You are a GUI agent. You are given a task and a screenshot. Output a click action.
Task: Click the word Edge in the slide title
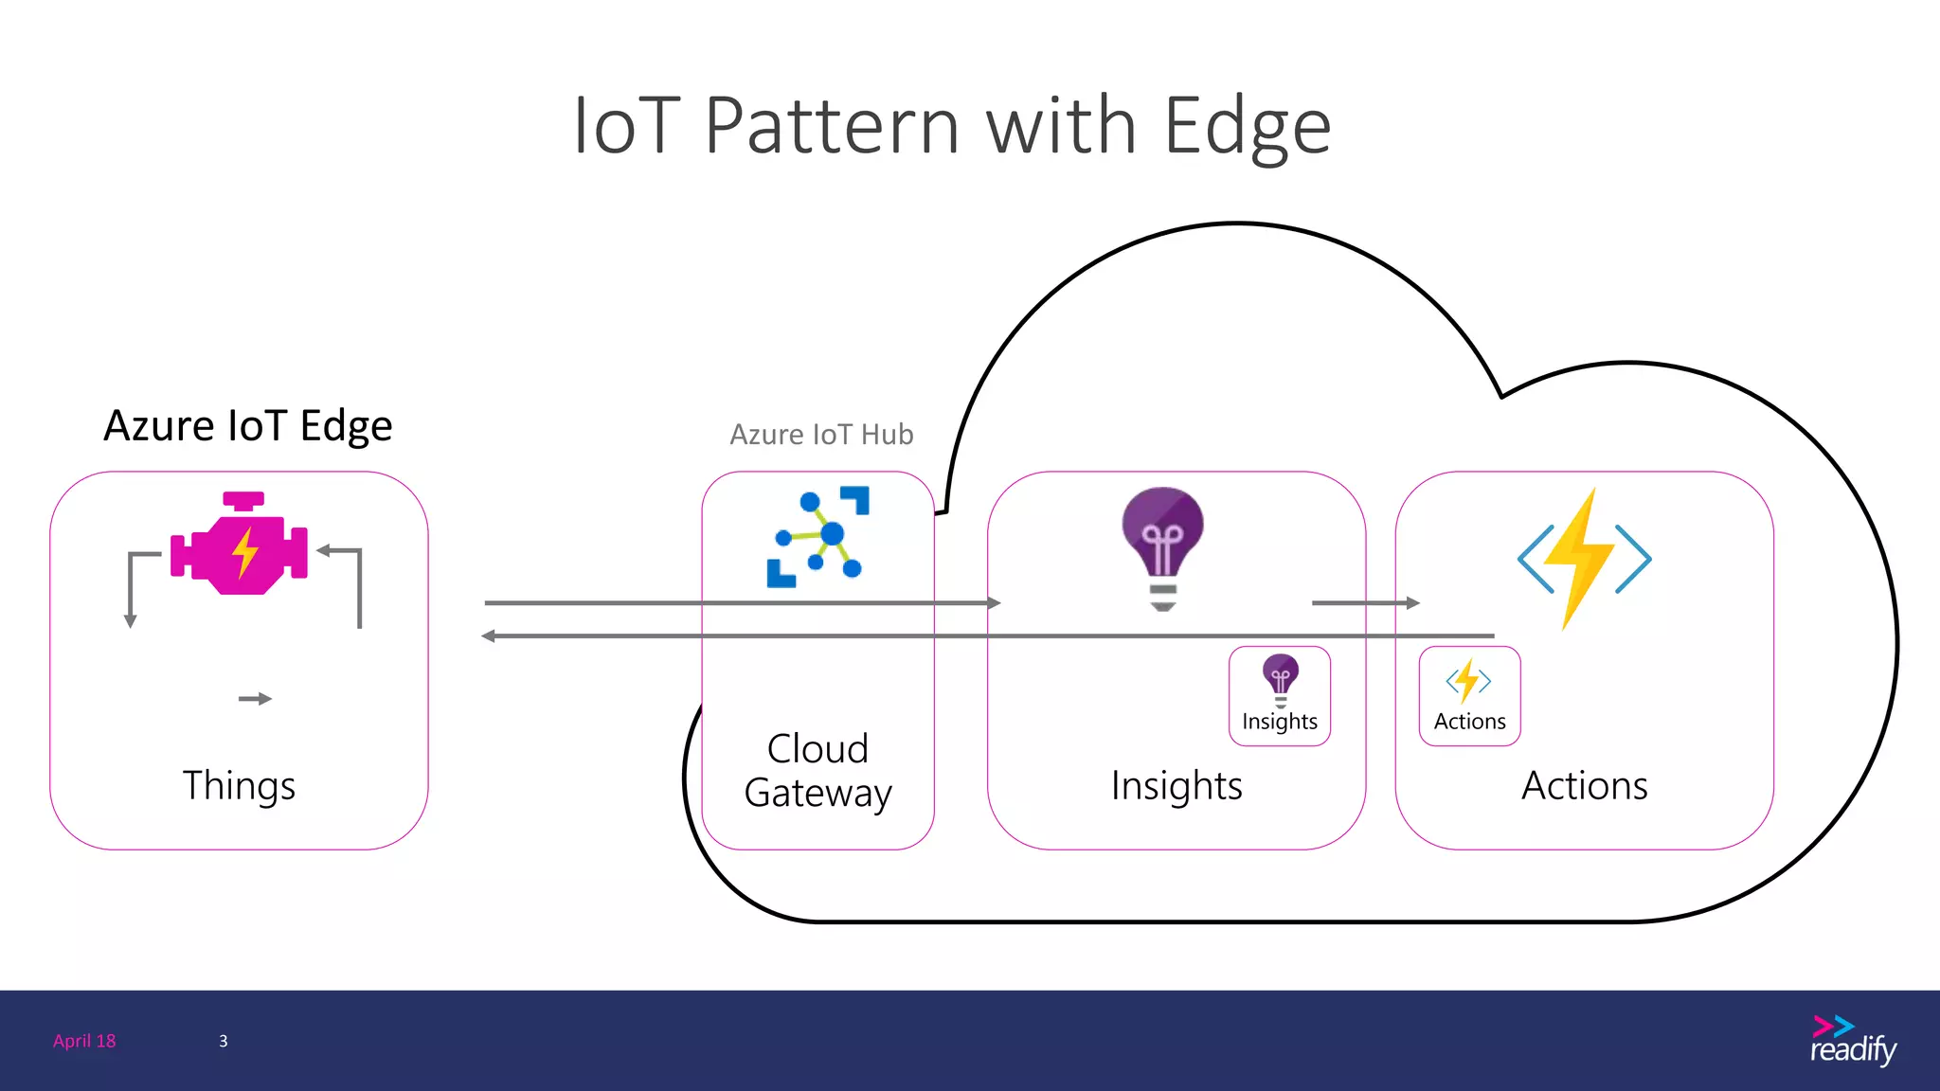point(1247,128)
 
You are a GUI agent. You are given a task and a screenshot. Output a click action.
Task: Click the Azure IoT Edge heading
point(247,426)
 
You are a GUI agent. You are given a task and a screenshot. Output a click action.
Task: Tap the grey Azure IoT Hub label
point(821,435)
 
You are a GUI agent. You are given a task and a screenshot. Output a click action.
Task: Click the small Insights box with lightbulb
point(1279,696)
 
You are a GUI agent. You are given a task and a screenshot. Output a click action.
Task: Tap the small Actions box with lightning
point(1469,696)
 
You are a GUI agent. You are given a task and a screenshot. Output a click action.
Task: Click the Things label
point(239,786)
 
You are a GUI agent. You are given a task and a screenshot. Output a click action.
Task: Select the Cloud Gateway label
point(817,771)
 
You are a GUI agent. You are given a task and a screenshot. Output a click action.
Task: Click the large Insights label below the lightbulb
point(1177,786)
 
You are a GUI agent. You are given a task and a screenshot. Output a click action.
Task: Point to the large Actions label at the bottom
point(1584,786)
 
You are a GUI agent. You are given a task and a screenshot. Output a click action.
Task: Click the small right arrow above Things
point(255,699)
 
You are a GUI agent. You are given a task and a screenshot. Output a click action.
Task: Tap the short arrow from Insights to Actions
point(1365,602)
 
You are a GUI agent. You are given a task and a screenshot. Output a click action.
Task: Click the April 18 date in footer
point(84,1041)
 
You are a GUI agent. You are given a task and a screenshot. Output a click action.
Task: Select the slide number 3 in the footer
point(224,1041)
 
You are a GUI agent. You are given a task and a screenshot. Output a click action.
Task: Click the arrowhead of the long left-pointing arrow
point(489,635)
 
